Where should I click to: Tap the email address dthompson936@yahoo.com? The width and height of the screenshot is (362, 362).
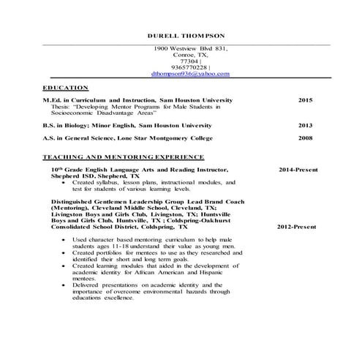(x=189, y=74)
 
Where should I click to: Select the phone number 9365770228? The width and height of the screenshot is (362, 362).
(x=189, y=67)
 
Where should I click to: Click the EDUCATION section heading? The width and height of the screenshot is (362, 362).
(x=67, y=87)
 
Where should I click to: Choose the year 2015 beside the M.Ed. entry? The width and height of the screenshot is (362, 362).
(x=305, y=99)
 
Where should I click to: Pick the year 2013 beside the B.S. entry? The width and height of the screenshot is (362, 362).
(x=305, y=125)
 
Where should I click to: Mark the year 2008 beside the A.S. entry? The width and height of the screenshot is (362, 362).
(x=305, y=137)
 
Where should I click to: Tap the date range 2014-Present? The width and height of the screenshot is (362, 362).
(x=298, y=170)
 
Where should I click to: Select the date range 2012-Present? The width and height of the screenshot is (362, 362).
(x=296, y=227)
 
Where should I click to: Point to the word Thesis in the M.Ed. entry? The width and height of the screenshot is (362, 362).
(x=61, y=106)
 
